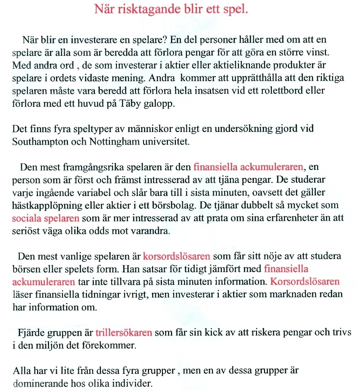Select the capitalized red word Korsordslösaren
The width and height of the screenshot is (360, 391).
point(305,282)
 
